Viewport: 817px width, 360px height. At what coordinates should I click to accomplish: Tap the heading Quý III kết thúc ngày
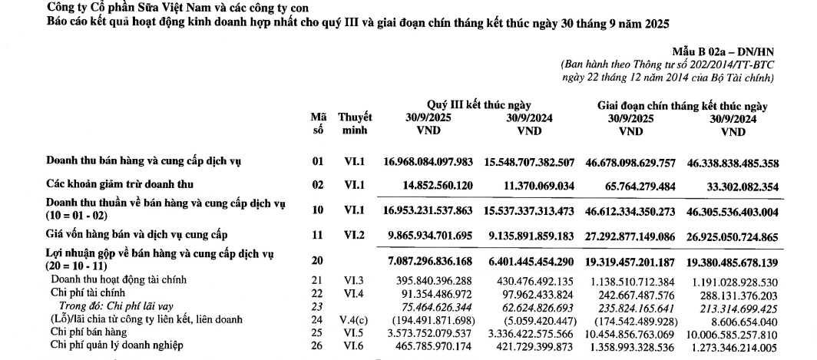coord(478,105)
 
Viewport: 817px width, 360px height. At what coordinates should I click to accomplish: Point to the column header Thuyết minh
coord(356,124)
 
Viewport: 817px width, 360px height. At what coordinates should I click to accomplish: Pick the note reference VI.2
coord(356,233)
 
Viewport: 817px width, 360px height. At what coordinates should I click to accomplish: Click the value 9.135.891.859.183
coord(530,233)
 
